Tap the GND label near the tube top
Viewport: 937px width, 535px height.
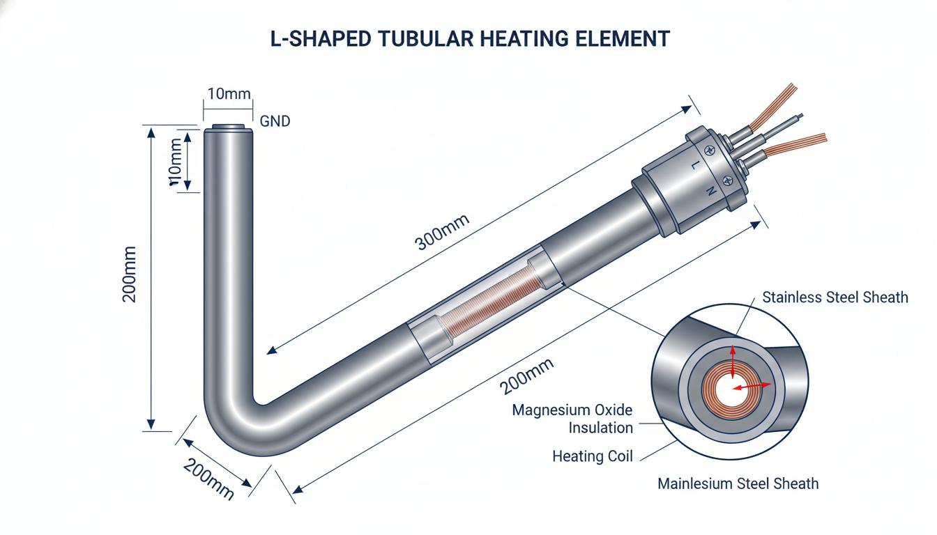pyautogui.click(x=275, y=121)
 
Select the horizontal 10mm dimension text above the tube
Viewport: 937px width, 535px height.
pyautogui.click(x=229, y=93)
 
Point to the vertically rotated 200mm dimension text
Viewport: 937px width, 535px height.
pyautogui.click(x=129, y=274)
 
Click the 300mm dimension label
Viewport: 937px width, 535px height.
pyautogui.click(x=442, y=232)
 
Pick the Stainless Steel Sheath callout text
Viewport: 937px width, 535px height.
pyautogui.click(x=835, y=297)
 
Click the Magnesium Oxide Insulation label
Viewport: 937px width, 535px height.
pyautogui.click(x=572, y=419)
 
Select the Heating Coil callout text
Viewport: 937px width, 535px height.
pyautogui.click(x=593, y=456)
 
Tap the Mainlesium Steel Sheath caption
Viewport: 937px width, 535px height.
pyautogui.click(x=738, y=483)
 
